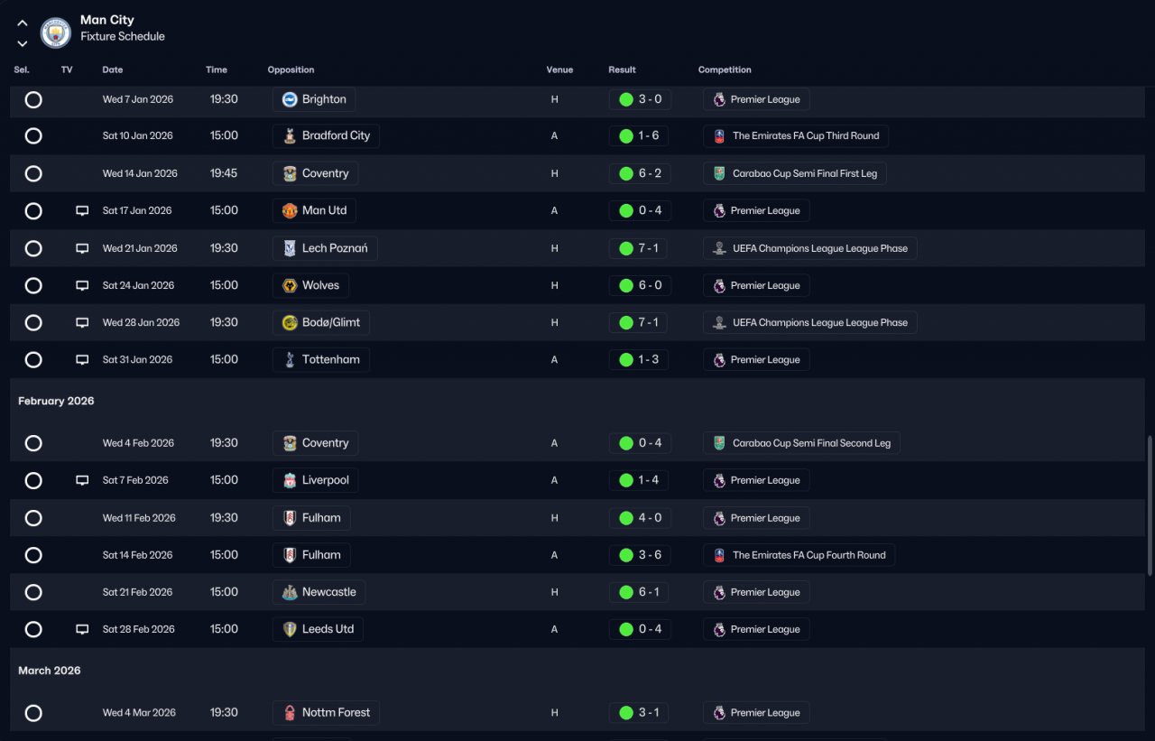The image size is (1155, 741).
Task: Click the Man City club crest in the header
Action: click(x=56, y=33)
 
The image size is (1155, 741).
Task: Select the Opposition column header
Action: click(x=291, y=69)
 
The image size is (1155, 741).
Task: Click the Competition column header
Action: click(x=724, y=69)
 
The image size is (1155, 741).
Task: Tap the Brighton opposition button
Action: click(x=314, y=99)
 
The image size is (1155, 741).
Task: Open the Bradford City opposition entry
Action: click(x=326, y=136)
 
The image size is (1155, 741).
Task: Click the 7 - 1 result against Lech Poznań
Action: click(x=639, y=248)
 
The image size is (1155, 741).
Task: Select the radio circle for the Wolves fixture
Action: click(x=33, y=285)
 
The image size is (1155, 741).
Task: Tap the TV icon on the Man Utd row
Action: click(x=82, y=210)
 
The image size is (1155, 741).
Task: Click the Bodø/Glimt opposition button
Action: click(x=321, y=322)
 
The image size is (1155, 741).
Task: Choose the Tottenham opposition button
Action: click(x=320, y=359)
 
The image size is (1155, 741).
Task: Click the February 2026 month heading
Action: click(x=56, y=401)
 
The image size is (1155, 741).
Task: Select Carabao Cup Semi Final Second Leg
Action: click(x=801, y=443)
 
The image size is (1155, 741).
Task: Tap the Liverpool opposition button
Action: click(x=315, y=480)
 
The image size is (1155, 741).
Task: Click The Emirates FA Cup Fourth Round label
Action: click(x=799, y=555)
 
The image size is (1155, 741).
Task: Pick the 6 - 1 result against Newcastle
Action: click(x=639, y=592)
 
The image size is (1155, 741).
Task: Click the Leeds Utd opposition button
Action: click(x=318, y=629)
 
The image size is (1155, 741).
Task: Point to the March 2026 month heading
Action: click(x=49, y=671)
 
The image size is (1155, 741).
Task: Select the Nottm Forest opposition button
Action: click(x=326, y=713)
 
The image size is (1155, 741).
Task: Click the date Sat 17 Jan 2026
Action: click(x=137, y=210)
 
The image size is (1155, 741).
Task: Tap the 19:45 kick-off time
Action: click(x=224, y=173)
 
